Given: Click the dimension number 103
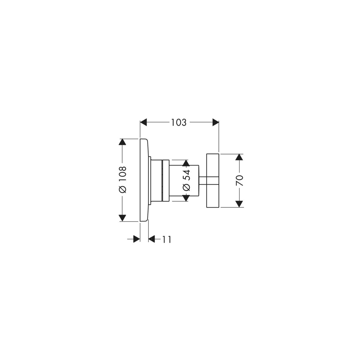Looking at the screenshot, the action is pos(179,123).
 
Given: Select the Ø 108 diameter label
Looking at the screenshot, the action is pos(122,179).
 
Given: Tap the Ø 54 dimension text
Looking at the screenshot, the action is pos(186,180).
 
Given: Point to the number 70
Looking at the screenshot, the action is pos(239,181).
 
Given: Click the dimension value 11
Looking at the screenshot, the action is pos(167,239).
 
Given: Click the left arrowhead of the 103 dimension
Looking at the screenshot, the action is pos(143,122).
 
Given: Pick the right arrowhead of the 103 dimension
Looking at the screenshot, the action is pos(216,122).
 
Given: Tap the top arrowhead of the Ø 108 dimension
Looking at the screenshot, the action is pos(122,142).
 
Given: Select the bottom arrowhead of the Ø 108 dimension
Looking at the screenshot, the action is pos(122,218).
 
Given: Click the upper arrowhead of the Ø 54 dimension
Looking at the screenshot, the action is pos(186,163).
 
